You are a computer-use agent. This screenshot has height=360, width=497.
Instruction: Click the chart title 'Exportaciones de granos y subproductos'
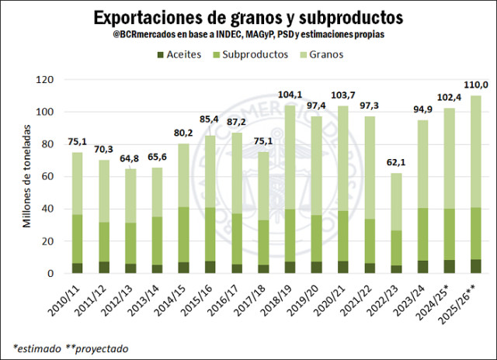tap(248, 17)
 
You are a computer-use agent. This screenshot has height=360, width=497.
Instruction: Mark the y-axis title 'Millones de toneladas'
tap(26, 177)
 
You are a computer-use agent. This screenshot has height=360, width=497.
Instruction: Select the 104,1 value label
tap(290, 95)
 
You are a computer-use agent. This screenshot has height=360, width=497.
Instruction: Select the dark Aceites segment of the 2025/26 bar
tap(476, 266)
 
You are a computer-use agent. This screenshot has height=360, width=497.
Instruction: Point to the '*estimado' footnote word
tap(36, 347)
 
